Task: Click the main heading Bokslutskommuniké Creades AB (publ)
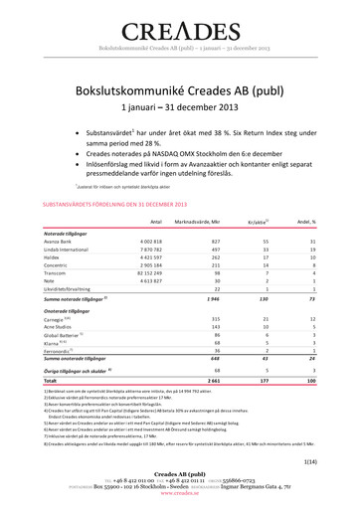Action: coord(180,89)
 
